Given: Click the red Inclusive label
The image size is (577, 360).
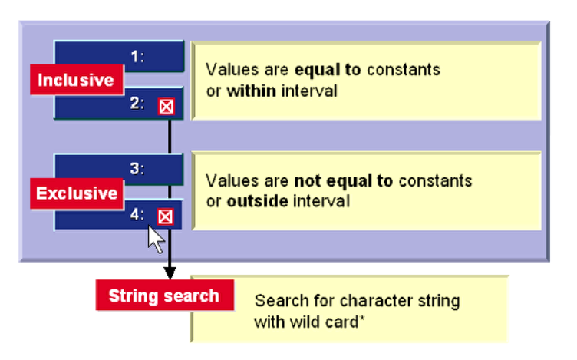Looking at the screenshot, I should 76,80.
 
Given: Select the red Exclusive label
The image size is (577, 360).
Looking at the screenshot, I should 77,193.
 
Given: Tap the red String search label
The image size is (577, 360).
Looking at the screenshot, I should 164,296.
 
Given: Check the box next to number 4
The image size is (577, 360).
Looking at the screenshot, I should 166,216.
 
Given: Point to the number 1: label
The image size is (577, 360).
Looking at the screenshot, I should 137,56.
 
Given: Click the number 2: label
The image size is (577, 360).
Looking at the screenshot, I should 137,104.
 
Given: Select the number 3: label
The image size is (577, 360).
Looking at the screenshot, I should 137,169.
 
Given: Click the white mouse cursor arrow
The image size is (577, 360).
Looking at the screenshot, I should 155,240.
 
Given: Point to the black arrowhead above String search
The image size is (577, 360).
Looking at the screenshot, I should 170,272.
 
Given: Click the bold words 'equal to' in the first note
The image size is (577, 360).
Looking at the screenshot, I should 331,70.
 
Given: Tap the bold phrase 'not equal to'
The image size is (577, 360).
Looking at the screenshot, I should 343,182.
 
